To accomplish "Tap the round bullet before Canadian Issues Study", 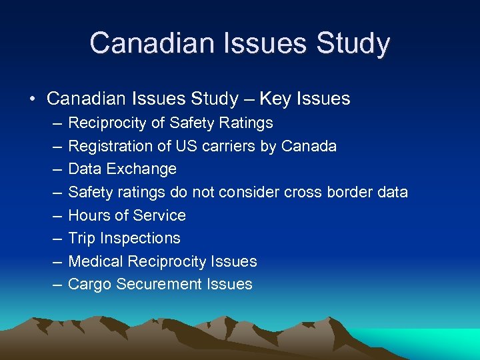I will tap(32, 99).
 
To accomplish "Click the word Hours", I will tap(90, 215).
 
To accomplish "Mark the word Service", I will tap(159, 215).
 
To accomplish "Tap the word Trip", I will tap(82, 238).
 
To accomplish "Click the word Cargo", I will tap(90, 284).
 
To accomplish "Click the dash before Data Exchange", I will tap(53, 169).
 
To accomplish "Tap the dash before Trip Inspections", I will tap(53, 239).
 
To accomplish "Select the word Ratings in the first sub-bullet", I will tap(246, 123).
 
